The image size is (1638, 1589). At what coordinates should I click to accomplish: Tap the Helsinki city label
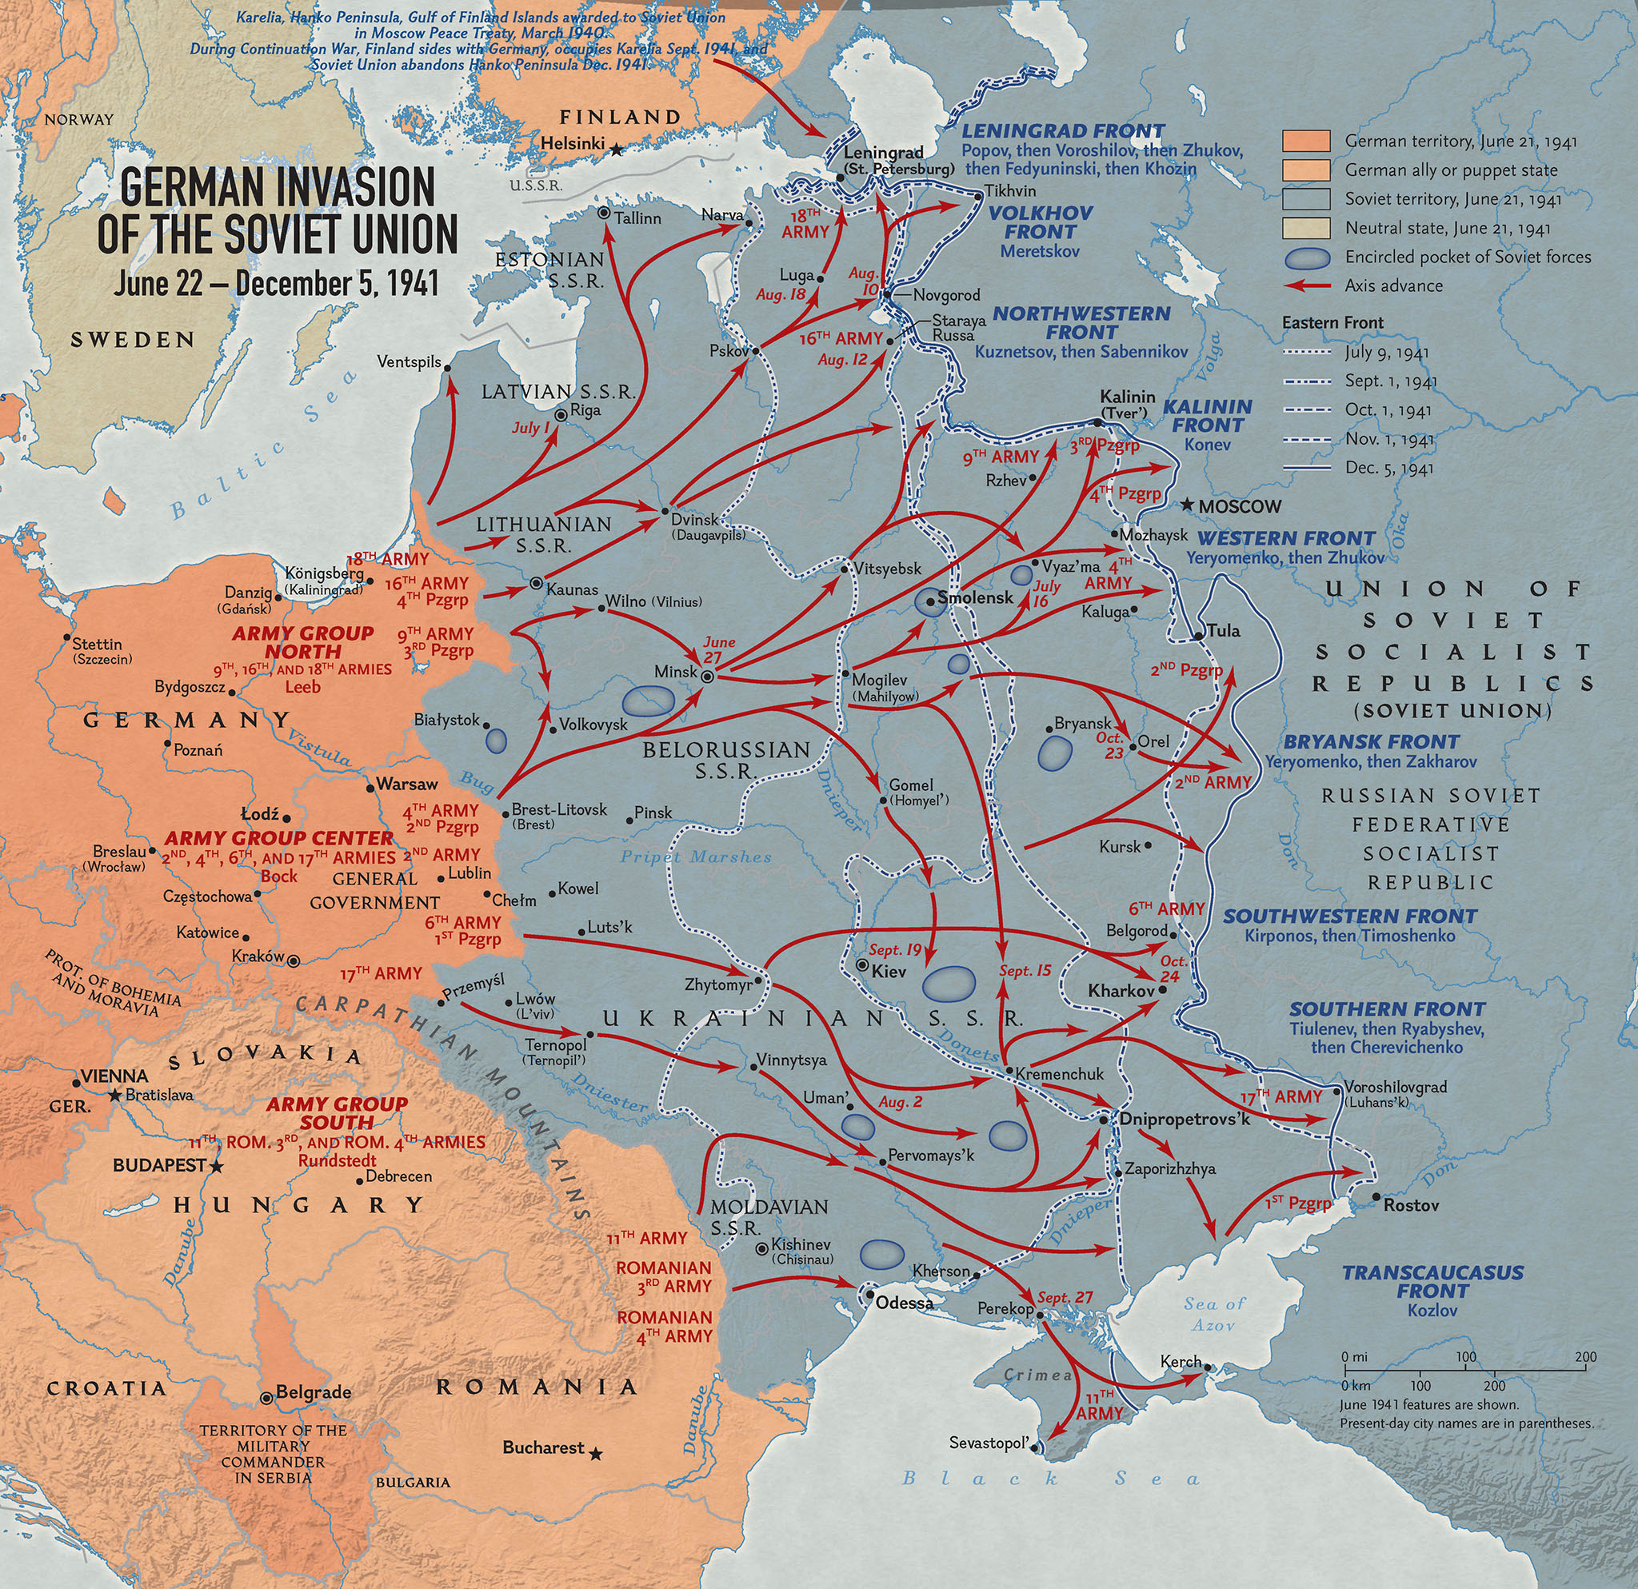pyautogui.click(x=573, y=143)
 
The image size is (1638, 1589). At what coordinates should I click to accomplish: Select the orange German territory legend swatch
pyautogui.click(x=1306, y=142)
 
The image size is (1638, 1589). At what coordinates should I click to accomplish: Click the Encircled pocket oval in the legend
pyautogui.click(x=1306, y=257)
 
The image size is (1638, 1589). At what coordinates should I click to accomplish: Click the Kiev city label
pyautogui.click(x=889, y=972)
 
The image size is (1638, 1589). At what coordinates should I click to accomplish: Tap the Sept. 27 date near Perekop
pyautogui.click(x=1065, y=1297)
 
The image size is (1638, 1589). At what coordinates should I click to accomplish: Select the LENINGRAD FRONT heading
pyautogui.click(x=1062, y=131)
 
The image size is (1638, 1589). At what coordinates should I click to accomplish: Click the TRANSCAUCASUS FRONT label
pyautogui.click(x=1432, y=1282)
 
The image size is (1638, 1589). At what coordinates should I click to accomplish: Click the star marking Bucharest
pyautogui.click(x=595, y=1455)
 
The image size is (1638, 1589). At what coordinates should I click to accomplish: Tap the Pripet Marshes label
pyautogui.click(x=695, y=857)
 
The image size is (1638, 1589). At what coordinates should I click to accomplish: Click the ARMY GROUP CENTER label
pyautogui.click(x=278, y=838)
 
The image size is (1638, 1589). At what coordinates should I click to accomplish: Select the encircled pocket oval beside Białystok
pyautogui.click(x=496, y=741)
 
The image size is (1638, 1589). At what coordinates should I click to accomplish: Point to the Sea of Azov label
pyautogui.click(x=1214, y=1313)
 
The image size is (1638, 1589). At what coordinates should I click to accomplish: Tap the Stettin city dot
pyautogui.click(x=67, y=637)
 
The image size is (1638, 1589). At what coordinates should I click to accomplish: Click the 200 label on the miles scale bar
pyautogui.click(x=1585, y=1357)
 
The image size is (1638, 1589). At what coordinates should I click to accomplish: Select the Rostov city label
pyautogui.click(x=1412, y=1205)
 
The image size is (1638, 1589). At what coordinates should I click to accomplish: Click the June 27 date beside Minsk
pyautogui.click(x=719, y=649)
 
